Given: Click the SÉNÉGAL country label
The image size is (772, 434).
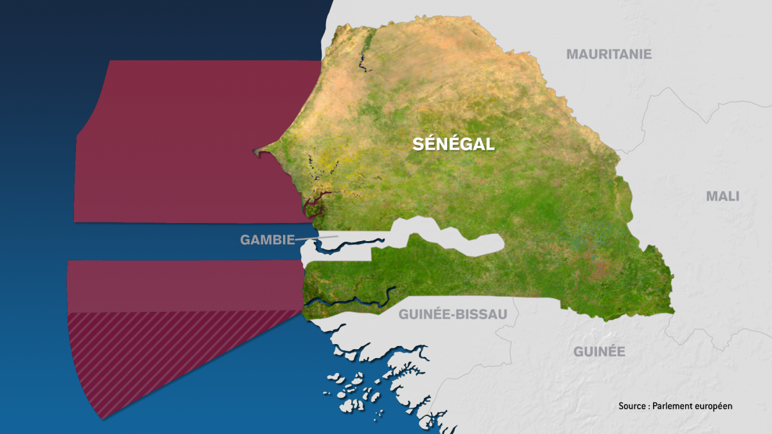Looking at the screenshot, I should point(454,145).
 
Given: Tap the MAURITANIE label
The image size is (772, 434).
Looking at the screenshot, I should point(609,54).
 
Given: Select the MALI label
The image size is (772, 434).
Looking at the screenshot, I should point(722,196).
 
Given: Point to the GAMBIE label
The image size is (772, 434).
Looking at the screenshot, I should point(267,240).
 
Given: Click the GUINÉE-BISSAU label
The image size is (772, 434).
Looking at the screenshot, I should point(453,314).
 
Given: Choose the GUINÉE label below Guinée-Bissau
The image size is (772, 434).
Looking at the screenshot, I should point(599,351).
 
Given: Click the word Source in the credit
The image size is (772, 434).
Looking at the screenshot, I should point(633,406).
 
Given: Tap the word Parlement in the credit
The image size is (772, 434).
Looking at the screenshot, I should point(674,406).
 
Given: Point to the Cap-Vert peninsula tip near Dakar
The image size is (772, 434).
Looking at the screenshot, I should point(257,152).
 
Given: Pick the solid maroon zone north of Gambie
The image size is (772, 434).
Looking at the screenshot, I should point(193,141).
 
